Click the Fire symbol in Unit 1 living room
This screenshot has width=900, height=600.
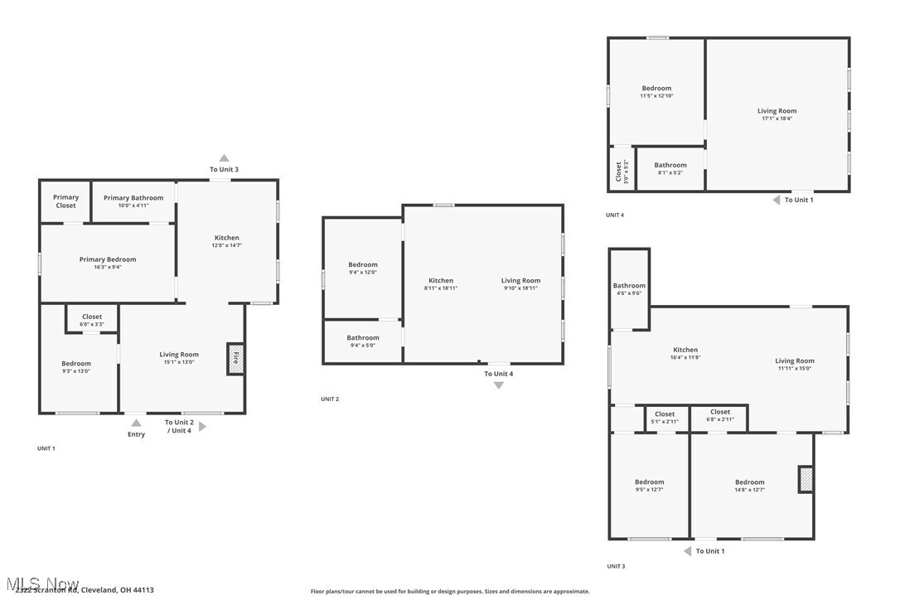tap(235, 359)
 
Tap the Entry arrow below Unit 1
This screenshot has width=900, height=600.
tap(136, 423)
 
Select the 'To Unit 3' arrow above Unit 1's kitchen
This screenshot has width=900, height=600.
tap(224, 158)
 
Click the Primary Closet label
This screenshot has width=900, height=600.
tap(65, 201)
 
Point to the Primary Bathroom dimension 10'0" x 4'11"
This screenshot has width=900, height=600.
tap(133, 206)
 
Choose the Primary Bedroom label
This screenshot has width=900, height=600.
tap(108, 259)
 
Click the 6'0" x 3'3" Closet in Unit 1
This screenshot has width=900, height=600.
tap(92, 320)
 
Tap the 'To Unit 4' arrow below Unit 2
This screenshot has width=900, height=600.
tap(499, 385)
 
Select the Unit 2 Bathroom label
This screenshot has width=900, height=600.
tap(363, 337)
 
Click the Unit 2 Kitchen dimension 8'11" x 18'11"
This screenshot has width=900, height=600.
tap(441, 288)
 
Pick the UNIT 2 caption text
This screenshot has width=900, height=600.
tap(330, 399)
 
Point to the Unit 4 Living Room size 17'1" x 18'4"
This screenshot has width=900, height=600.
tap(777, 119)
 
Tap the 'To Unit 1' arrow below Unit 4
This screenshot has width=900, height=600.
tap(777, 200)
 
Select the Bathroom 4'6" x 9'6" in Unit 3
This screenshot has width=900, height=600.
tap(629, 289)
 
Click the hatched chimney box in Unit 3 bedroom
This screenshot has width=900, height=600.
tap(806, 479)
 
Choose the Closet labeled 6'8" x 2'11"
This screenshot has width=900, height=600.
tap(720, 416)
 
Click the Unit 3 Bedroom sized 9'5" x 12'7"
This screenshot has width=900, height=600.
tap(649, 486)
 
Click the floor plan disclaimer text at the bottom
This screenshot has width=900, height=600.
tap(450, 592)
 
